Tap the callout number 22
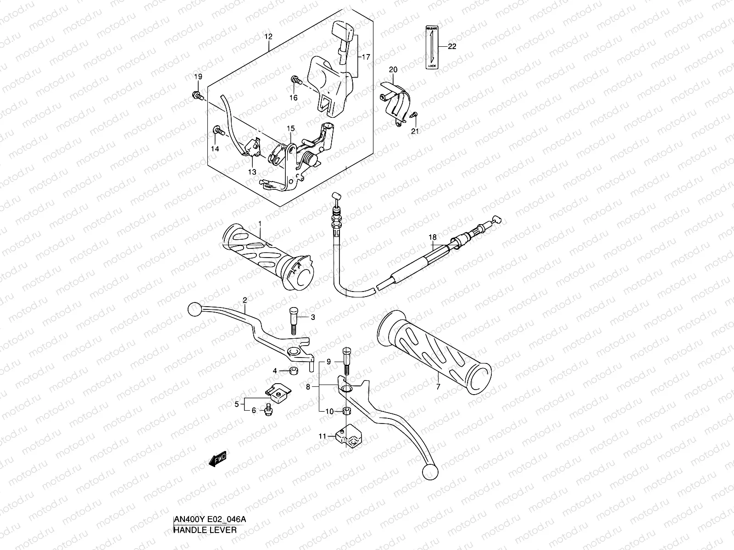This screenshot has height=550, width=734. point(452,47)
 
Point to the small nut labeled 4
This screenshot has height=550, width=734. point(293,370)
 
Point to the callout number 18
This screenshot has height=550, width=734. point(432,237)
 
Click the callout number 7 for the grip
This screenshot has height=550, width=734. point(438,387)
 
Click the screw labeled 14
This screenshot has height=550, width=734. point(217,132)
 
